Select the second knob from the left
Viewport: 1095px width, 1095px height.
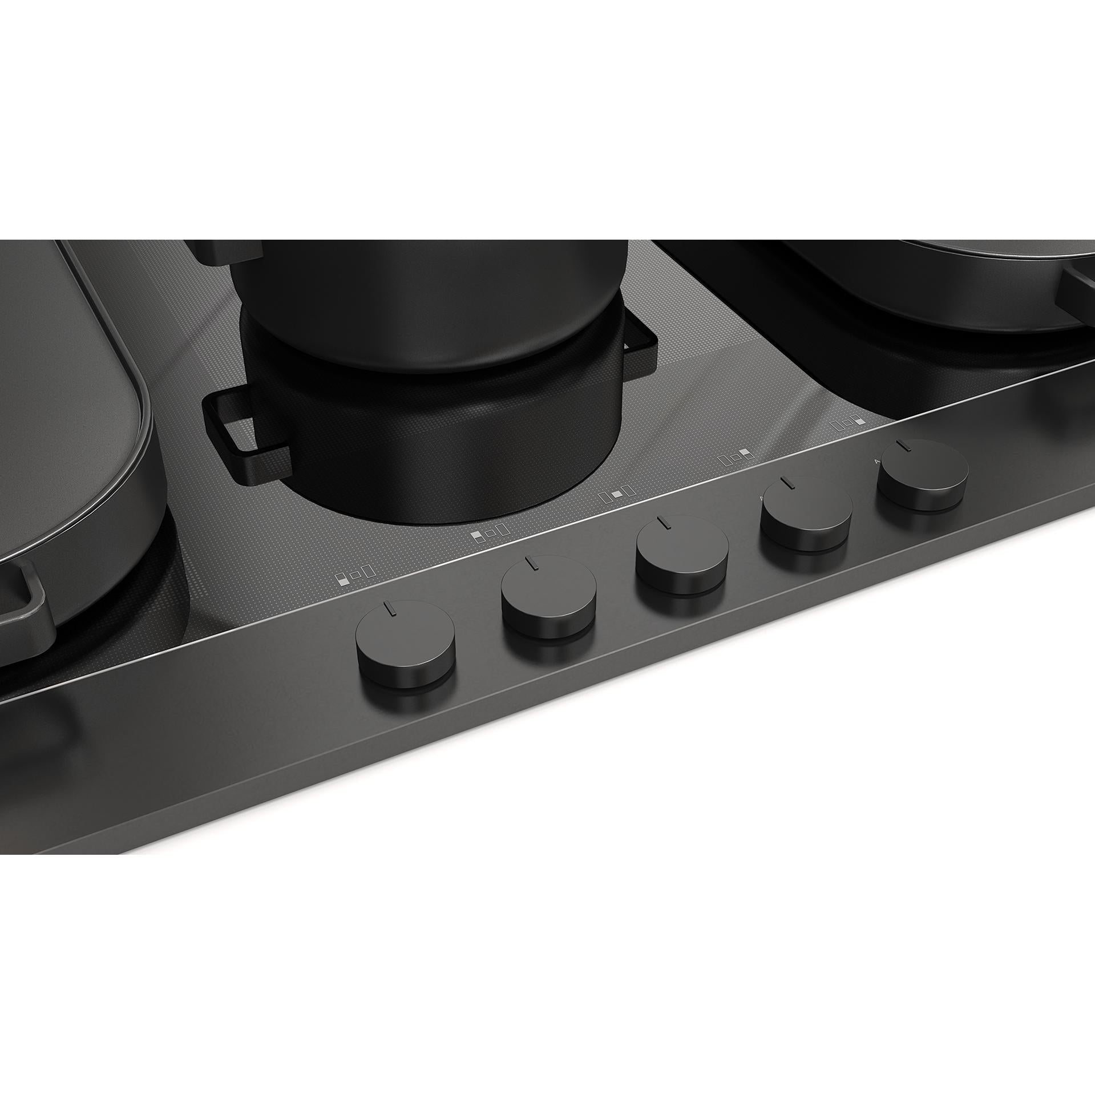[548, 593]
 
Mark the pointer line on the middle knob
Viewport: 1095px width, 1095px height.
[662, 523]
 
